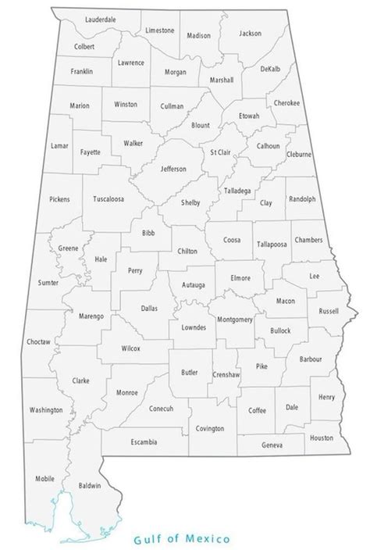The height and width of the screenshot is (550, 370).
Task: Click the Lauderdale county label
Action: click(x=101, y=17)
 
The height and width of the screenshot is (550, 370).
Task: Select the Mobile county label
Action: click(x=44, y=477)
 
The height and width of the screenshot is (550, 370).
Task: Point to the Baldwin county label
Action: click(x=90, y=485)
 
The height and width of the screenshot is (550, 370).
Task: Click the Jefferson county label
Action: click(x=173, y=168)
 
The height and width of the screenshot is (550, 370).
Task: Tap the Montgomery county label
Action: click(x=234, y=319)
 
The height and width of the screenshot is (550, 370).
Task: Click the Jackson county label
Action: click(x=251, y=33)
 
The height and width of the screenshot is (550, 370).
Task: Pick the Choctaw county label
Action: click(x=38, y=341)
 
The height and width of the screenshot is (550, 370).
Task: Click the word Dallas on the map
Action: click(x=149, y=308)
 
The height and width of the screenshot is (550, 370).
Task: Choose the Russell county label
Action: click(x=329, y=310)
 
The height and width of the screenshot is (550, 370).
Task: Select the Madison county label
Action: click(x=199, y=35)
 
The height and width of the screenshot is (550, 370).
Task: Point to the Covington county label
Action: click(x=210, y=428)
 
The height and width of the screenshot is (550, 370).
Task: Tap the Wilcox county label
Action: click(x=130, y=348)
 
